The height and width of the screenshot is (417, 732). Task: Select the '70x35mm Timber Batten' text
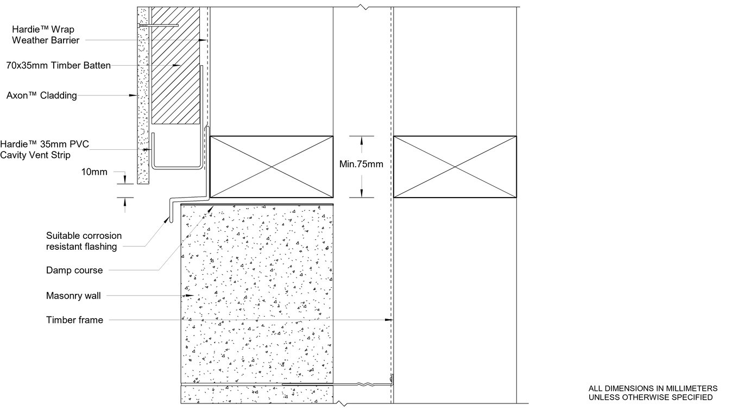click(58, 65)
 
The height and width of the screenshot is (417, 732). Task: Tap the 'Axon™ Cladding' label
click(41, 96)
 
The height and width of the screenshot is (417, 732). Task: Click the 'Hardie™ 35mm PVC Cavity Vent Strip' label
click(44, 149)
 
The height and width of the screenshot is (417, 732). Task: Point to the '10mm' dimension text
click(94, 172)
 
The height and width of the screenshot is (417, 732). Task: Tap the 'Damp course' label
click(74, 270)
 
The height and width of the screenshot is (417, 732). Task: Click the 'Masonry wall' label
click(73, 296)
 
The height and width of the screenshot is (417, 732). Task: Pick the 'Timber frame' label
click(74, 320)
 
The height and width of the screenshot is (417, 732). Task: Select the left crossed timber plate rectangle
click(271, 167)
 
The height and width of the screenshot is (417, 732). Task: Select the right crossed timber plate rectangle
click(455, 167)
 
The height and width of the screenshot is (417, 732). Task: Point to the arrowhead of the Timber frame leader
click(389, 320)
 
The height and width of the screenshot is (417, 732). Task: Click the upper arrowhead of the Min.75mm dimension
click(361, 139)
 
